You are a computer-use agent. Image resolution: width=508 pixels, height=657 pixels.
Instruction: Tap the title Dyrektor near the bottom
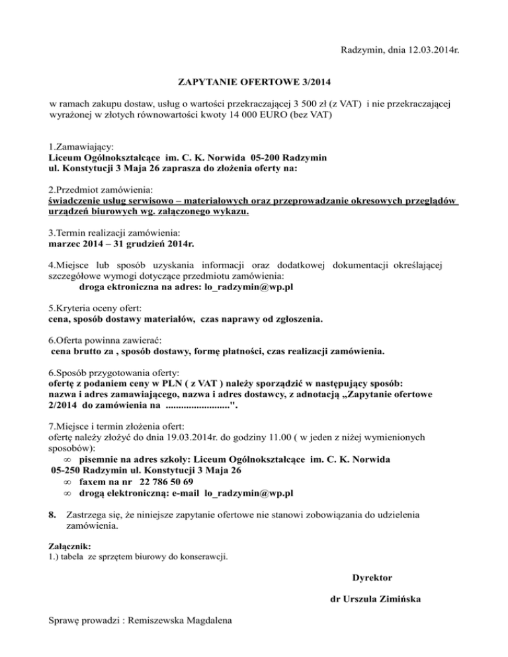[372, 578]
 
